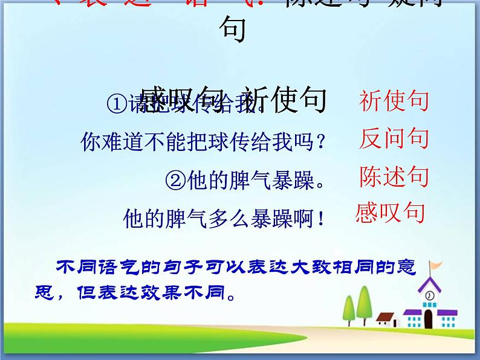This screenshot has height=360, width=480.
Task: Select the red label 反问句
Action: tap(394, 139)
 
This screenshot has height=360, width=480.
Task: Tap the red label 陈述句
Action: tap(394, 176)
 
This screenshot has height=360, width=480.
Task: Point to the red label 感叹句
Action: tap(390, 213)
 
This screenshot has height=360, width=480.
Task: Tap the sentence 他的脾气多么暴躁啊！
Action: tap(224, 217)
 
